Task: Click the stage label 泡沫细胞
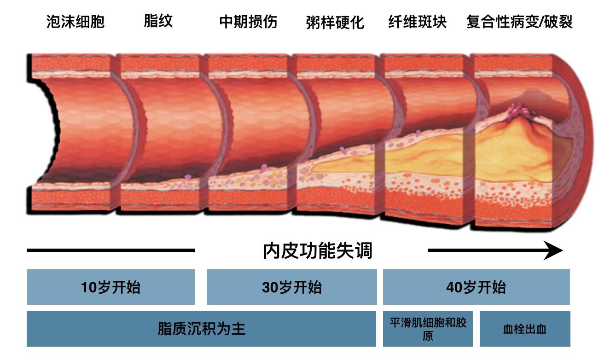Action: [x=76, y=22]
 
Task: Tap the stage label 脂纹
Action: [x=158, y=21]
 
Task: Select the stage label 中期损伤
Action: [x=248, y=22]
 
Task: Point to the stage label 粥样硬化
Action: [x=335, y=22]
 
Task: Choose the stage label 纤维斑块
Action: [x=417, y=22]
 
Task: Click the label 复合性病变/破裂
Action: [x=519, y=22]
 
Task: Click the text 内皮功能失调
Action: [x=318, y=250]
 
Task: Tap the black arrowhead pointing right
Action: [x=553, y=250]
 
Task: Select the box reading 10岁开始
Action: [x=111, y=287]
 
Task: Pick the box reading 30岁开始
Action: [x=292, y=287]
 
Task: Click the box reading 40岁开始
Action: [x=477, y=287]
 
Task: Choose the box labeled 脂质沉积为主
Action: [x=201, y=329]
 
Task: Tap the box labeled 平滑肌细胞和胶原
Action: [x=428, y=329]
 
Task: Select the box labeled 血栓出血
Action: [x=525, y=329]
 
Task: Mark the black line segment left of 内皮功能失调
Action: [x=110, y=250]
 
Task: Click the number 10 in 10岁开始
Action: [x=88, y=287]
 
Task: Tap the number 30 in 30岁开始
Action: [x=270, y=287]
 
